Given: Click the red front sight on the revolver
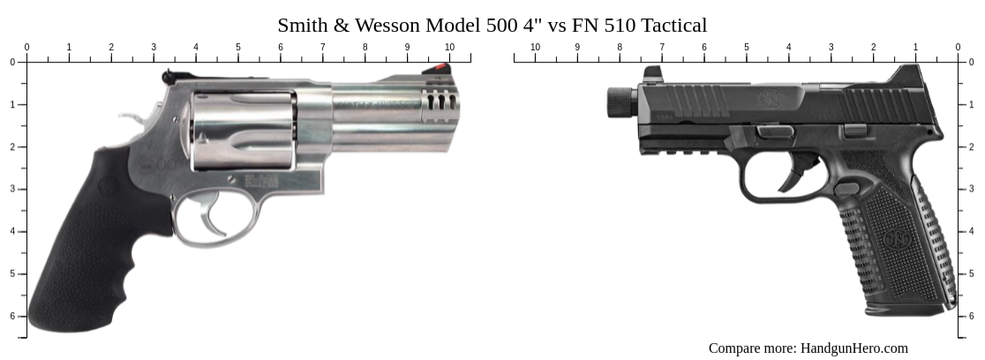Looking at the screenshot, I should tap(438, 67).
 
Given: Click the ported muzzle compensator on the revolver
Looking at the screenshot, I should tap(440, 104).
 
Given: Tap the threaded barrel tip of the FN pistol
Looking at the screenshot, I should tap(617, 103).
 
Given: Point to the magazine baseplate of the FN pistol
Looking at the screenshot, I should tap(909, 309).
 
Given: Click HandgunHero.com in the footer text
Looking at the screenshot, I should tap(853, 348).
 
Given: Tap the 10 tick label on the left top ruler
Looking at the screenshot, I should tap(449, 47).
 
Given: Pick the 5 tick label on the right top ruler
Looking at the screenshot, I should tap(746, 47).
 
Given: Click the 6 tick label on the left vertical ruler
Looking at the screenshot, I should tap(12, 316).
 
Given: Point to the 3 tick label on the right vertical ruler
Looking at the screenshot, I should tap(971, 189).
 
